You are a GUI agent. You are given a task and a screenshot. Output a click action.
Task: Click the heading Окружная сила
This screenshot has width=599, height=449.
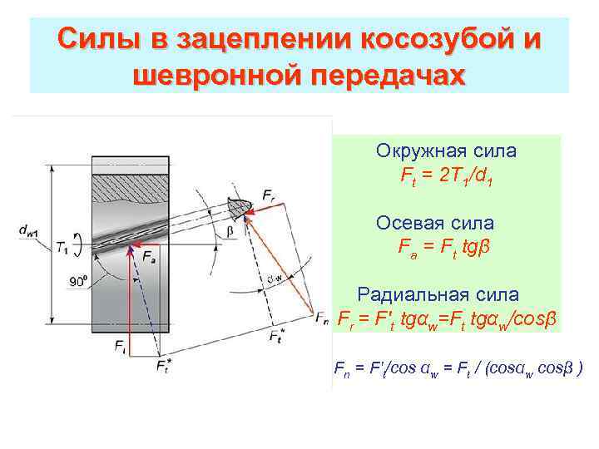(x=446, y=151)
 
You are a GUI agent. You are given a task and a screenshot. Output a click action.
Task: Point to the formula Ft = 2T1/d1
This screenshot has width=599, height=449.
(x=446, y=176)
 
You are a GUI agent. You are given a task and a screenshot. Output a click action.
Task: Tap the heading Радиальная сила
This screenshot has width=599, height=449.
(x=438, y=294)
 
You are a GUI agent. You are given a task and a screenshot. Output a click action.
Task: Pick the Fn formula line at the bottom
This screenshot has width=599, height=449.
(x=458, y=368)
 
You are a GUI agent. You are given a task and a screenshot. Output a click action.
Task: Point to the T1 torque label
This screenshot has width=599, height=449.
(x=63, y=247)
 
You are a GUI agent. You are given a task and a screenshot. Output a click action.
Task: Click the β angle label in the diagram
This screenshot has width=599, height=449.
(x=230, y=231)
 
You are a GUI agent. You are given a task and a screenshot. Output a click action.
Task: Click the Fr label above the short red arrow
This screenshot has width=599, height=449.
(x=268, y=193)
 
